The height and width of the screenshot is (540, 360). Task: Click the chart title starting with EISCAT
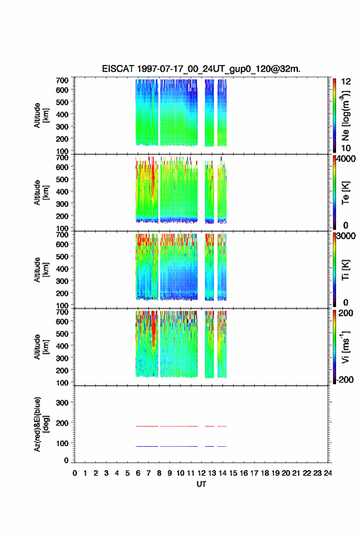(x=201, y=69)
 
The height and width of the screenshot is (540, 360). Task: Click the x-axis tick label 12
(x=201, y=473)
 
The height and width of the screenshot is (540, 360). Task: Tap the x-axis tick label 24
(x=328, y=473)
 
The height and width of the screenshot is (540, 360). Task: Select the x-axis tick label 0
(x=75, y=473)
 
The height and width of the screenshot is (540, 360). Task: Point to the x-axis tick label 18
(x=265, y=473)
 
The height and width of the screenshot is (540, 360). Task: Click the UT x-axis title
(x=201, y=484)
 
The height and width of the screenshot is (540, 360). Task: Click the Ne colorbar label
(x=345, y=115)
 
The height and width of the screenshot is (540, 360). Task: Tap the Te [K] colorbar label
(x=345, y=193)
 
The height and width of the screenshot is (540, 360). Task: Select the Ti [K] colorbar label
(x=345, y=269)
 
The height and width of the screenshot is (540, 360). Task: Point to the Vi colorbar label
(x=345, y=347)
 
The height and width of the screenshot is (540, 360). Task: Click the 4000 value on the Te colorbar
(x=346, y=159)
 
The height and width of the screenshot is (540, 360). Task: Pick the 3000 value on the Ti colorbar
(x=346, y=236)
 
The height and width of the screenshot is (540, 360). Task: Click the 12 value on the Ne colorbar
(x=346, y=82)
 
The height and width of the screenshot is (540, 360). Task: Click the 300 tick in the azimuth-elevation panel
(x=62, y=403)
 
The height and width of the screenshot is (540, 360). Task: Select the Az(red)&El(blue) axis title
(x=41, y=424)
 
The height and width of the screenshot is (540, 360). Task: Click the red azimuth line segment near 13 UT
(x=209, y=426)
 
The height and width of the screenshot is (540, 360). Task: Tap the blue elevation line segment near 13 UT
(x=209, y=446)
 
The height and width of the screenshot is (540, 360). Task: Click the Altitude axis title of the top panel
(x=41, y=115)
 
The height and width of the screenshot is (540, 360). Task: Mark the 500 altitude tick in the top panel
(x=62, y=102)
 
